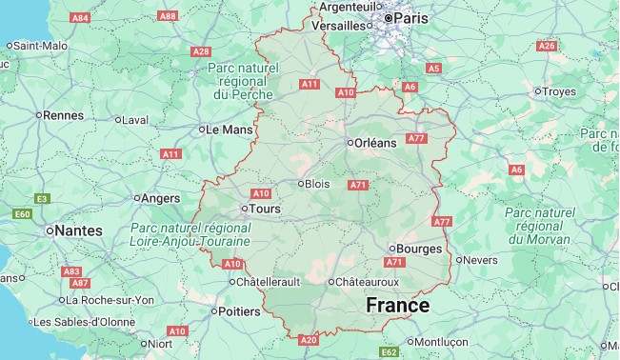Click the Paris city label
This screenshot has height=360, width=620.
(x=411, y=17)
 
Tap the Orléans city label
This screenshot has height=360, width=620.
(x=374, y=143)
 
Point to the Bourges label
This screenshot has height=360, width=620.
(x=419, y=249)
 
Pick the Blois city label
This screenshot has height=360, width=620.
(x=318, y=184)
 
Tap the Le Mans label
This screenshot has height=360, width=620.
(x=228, y=129)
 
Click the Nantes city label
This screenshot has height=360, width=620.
(x=78, y=230)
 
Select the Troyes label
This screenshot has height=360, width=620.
(x=559, y=91)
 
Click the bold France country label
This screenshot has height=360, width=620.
(x=398, y=306)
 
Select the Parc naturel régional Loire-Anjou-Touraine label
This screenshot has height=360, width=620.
(x=190, y=235)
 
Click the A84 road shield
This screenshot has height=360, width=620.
(x=81, y=17)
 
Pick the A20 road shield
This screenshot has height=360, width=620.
(x=308, y=339)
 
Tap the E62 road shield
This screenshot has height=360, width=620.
(x=389, y=352)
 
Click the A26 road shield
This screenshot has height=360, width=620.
(x=547, y=46)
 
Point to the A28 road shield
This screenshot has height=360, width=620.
(x=200, y=51)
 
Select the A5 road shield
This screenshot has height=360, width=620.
(x=434, y=69)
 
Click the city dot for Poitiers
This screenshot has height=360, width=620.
(x=212, y=310)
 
